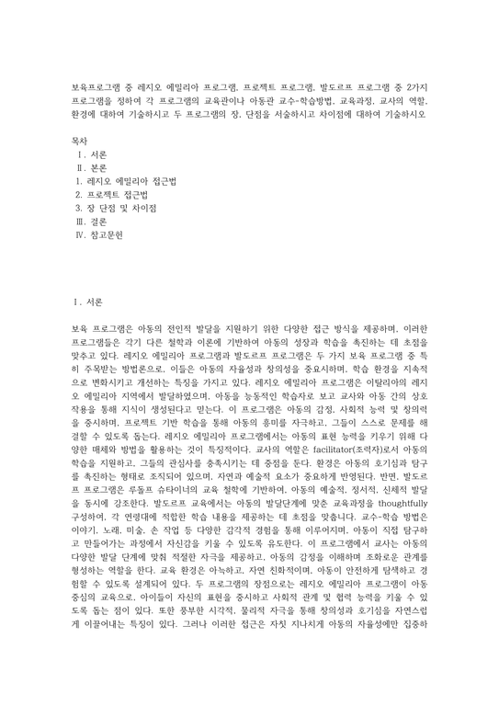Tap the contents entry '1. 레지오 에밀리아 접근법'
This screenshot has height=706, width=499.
click(126, 183)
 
